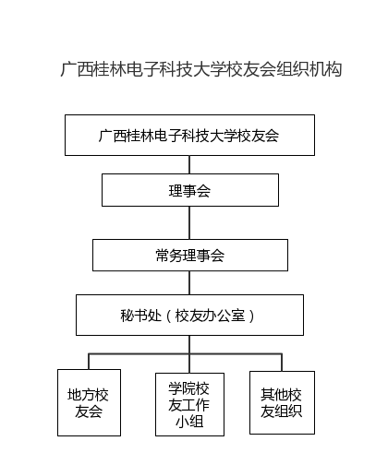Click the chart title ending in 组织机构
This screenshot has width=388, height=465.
coord(201,69)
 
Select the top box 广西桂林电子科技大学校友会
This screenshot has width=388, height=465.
coord(189,135)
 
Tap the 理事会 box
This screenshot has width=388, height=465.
coord(190,190)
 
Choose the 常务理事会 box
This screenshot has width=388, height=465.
coord(190,256)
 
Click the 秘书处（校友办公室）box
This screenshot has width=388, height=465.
coord(189,315)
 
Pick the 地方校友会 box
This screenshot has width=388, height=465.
coord(89,402)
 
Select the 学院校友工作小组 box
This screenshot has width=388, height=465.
coord(189,404)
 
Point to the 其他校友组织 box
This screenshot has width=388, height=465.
coord(282,402)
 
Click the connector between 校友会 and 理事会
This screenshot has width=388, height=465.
coord(189,164)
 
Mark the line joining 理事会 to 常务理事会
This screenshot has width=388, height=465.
coord(189,222)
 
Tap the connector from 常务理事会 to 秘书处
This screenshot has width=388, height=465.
coord(189,283)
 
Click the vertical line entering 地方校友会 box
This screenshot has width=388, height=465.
coord(89,362)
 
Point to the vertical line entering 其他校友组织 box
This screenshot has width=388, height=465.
coord(282,363)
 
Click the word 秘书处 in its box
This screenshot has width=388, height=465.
coord(140,316)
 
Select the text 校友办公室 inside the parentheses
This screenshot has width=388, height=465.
coord(210,316)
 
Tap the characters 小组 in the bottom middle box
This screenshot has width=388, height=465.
coord(189,422)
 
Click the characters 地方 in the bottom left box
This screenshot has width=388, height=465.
coord(81,395)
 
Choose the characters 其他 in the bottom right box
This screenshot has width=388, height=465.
coord(274,395)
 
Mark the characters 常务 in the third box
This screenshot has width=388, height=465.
coord(169,256)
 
